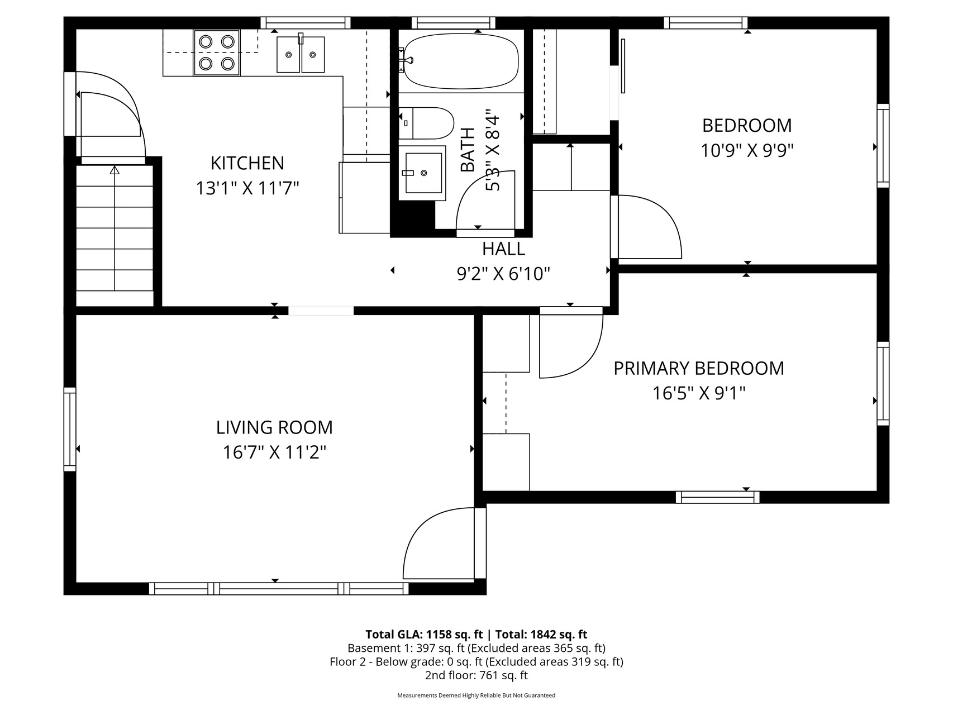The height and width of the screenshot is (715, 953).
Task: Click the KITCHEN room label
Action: click(247, 163)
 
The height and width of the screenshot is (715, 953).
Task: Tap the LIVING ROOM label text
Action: click(274, 427)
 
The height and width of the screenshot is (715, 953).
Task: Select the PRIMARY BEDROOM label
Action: click(699, 369)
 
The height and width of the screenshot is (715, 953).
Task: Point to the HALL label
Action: click(503, 249)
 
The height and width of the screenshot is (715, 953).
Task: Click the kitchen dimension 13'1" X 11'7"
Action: click(247, 188)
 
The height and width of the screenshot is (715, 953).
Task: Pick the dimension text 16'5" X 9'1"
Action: click(699, 394)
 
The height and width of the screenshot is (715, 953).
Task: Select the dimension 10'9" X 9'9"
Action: click(747, 150)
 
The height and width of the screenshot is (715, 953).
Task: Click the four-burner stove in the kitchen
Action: click(217, 53)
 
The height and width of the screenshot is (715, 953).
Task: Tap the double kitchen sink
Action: click(301, 54)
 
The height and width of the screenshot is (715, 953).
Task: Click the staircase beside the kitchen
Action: click(115, 235)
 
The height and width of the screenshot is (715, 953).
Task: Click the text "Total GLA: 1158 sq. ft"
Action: click(424, 635)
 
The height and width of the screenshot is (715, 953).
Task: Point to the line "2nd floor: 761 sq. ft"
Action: click(476, 675)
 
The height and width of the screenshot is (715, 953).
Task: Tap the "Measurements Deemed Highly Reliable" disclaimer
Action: click(476, 695)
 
